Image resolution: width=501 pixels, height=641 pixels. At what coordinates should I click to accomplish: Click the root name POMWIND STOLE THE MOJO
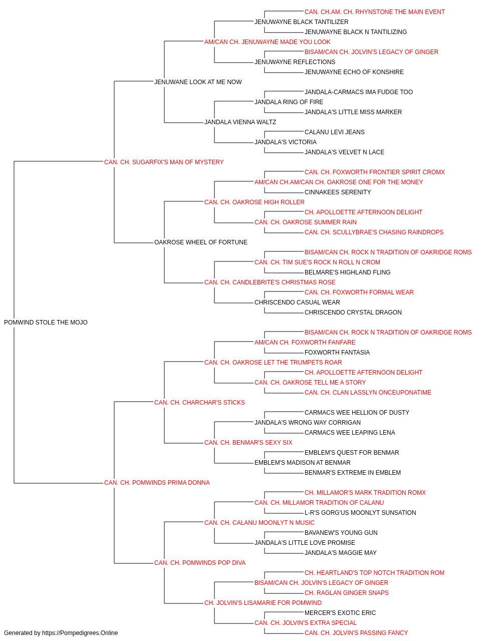point(46,322)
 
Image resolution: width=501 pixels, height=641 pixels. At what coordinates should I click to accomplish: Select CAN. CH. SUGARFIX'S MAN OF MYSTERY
point(164,162)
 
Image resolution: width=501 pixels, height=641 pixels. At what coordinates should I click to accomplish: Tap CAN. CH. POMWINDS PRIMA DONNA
point(157,483)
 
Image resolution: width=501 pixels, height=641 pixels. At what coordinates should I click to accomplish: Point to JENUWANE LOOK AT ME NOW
point(198,82)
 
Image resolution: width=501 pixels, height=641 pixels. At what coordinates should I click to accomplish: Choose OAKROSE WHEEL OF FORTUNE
point(200,242)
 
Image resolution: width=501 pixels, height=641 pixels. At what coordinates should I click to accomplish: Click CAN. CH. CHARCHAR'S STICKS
point(199,402)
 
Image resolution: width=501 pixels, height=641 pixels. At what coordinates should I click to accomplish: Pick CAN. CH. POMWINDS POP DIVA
point(200,563)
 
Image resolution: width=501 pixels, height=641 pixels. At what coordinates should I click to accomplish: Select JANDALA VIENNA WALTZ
point(240,122)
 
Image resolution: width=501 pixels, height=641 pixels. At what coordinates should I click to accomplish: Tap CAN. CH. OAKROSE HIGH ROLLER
point(255,202)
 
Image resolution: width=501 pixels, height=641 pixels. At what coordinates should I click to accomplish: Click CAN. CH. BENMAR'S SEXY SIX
point(248,443)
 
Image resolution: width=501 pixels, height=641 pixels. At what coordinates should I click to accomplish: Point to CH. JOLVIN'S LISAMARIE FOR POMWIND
point(263,602)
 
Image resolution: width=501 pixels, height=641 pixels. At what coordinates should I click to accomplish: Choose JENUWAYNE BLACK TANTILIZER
point(301,22)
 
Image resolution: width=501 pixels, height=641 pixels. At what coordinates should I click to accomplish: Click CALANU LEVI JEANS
point(335,132)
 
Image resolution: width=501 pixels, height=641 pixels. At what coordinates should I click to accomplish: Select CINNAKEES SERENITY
point(338,192)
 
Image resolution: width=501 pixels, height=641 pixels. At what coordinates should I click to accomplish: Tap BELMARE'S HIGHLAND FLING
point(348,272)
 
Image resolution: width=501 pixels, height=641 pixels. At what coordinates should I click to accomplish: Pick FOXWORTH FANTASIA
point(337,352)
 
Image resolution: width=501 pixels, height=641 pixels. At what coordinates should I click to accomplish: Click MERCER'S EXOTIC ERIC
point(340,612)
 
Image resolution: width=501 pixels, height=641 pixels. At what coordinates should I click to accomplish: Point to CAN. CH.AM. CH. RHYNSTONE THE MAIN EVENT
point(375,12)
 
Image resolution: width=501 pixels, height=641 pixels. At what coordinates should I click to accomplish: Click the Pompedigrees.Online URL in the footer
point(80,633)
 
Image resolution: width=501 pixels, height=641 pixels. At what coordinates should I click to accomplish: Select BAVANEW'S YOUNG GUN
point(341,533)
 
